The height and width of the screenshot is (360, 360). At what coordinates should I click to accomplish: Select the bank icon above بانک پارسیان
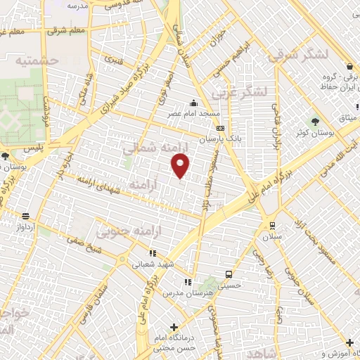(221, 129)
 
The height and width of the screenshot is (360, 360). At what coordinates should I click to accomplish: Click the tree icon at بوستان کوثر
(315, 122)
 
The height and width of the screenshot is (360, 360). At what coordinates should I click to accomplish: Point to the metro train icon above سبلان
(272, 225)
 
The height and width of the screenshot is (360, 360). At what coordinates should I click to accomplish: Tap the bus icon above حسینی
(228, 274)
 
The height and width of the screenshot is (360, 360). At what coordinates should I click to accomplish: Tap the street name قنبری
(114, 60)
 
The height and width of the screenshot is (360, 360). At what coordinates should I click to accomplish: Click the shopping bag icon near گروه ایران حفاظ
(350, 66)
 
